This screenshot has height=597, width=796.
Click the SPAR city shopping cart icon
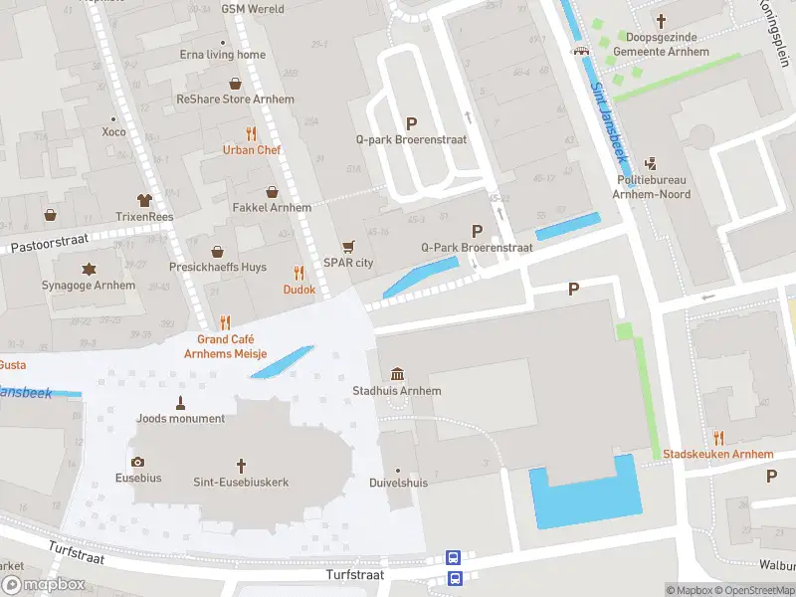click(348, 246)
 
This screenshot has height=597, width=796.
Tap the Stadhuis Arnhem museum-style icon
click(397, 374)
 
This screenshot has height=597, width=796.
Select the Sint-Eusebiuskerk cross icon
click(241, 465)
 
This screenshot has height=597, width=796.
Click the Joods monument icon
click(181, 402)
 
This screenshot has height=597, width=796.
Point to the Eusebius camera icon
click(137, 462)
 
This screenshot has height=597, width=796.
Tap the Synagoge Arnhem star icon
click(90, 269)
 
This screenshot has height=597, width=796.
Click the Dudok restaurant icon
click(298, 273)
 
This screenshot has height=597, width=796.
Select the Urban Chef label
click(251, 150)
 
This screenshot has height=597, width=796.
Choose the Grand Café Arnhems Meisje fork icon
click(225, 322)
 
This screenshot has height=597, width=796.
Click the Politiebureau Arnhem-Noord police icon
click(651, 163)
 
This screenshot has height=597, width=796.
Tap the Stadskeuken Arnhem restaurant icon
click(718, 438)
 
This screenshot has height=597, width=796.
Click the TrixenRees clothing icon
click(144, 200)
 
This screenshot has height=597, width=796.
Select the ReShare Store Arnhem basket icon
click(236, 84)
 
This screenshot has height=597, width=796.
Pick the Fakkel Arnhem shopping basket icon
click(272, 191)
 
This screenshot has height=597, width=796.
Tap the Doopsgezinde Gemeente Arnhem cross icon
click(662, 20)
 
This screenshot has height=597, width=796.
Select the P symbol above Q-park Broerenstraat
click(411, 123)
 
